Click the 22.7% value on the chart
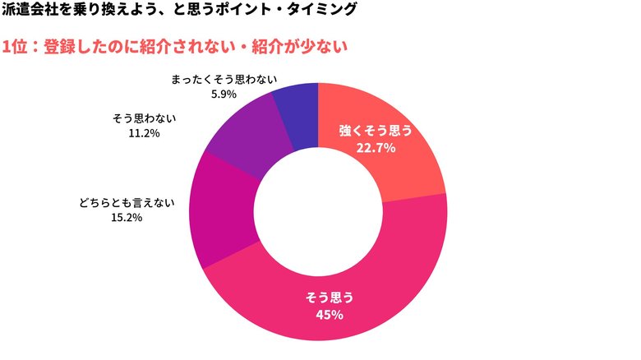376,148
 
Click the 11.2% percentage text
144,132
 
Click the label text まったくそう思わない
224,80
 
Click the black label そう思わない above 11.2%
144,118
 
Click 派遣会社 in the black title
30,12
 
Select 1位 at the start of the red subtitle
15,47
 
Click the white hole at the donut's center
318,211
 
